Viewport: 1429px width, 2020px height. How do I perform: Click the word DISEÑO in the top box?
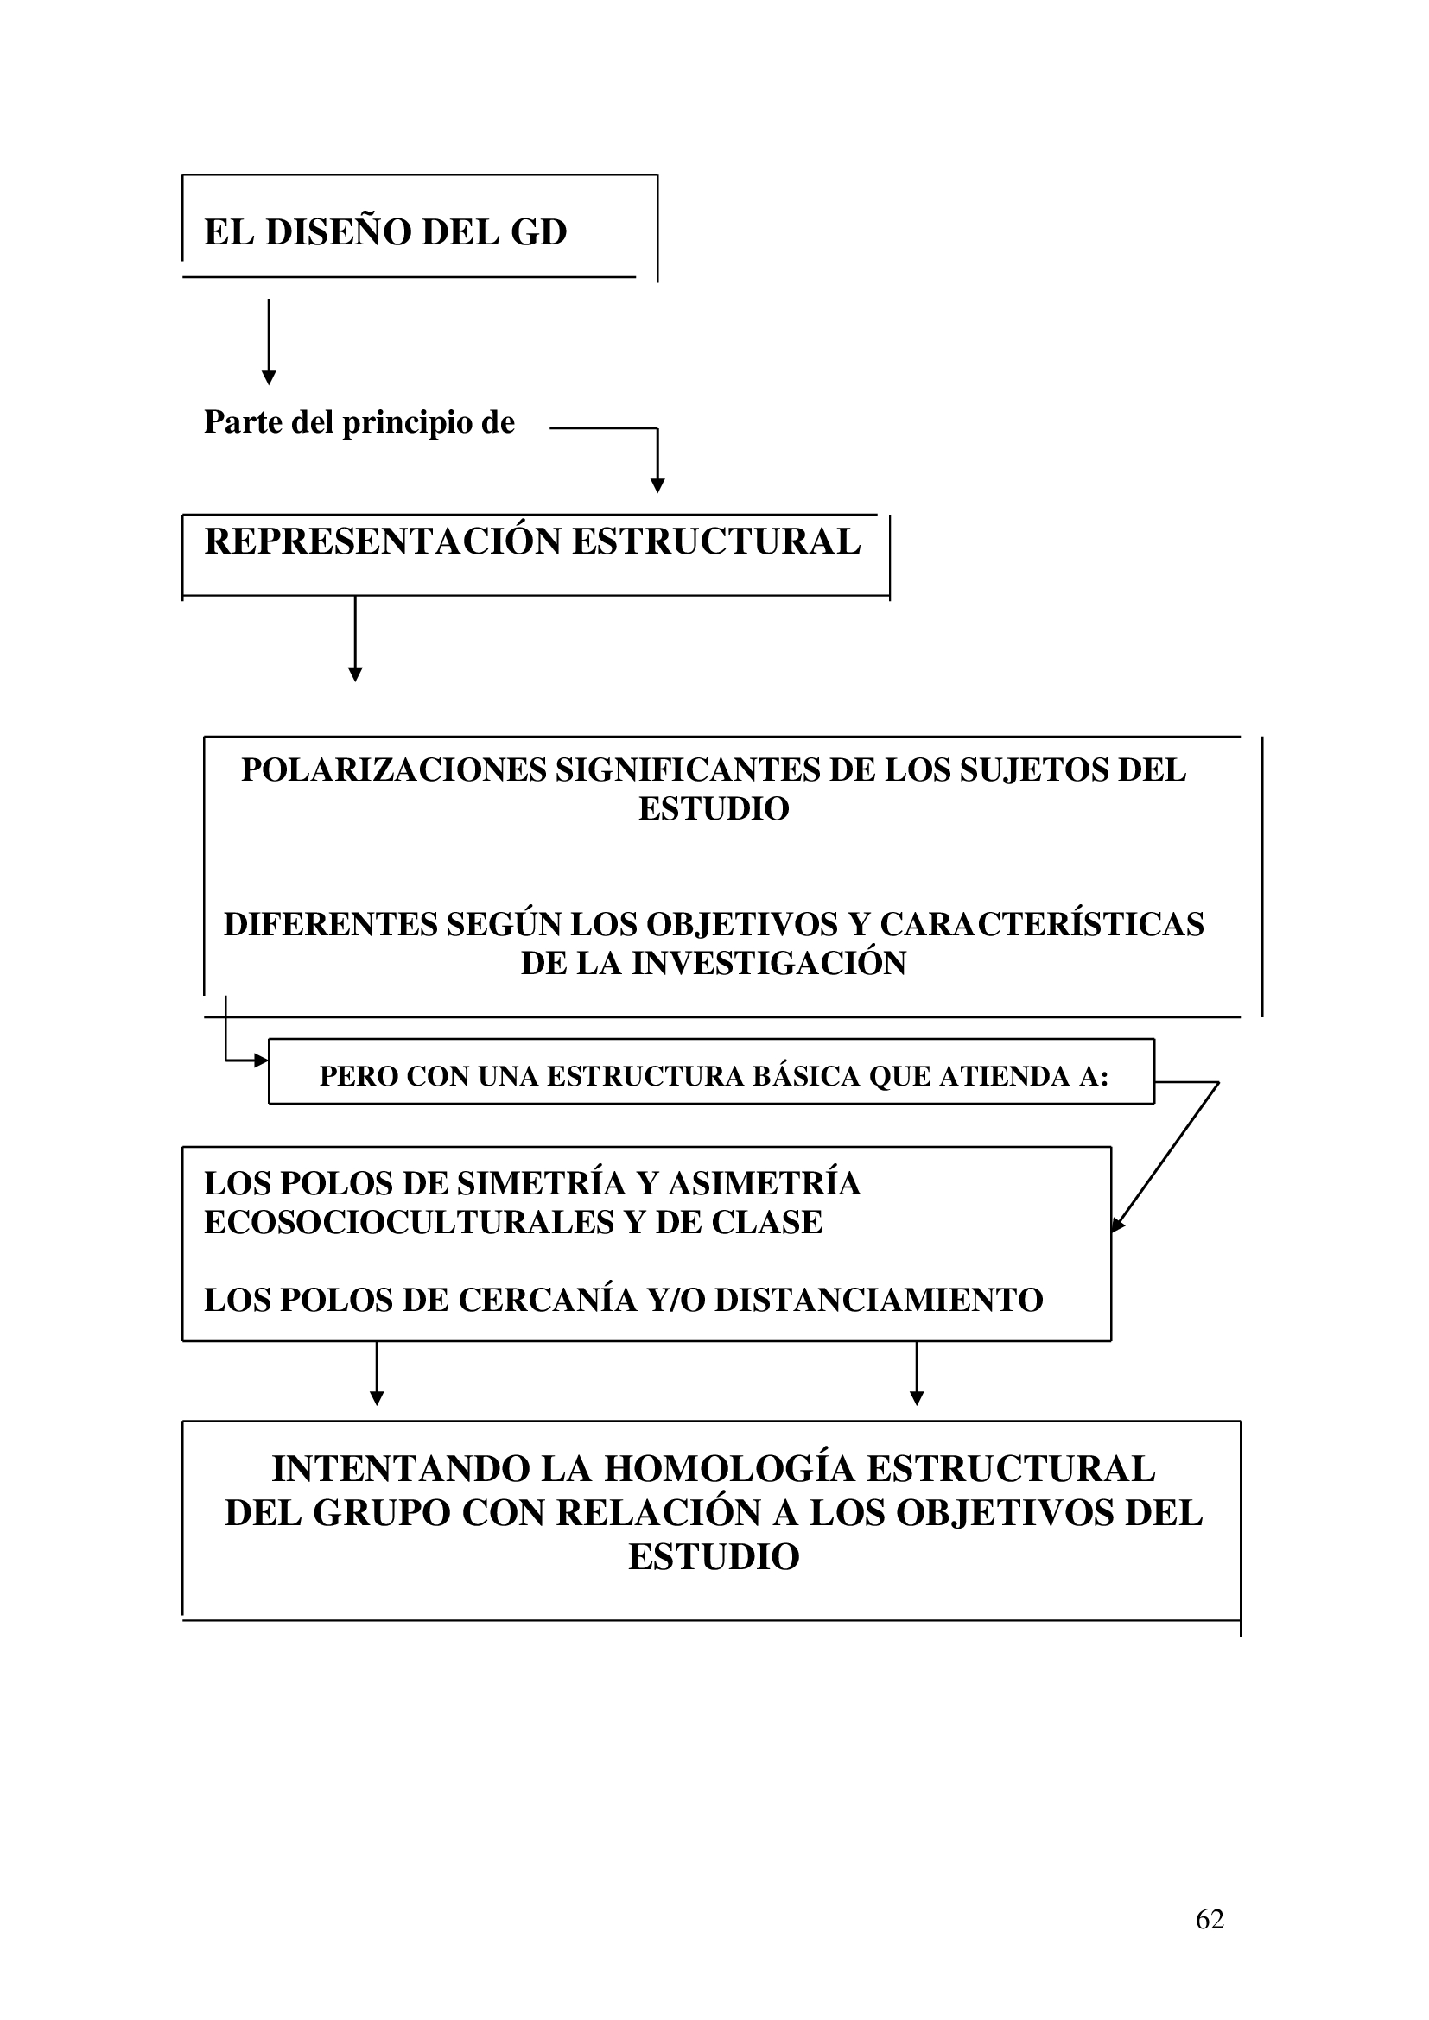(338, 232)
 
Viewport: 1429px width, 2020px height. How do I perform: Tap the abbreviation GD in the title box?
(538, 232)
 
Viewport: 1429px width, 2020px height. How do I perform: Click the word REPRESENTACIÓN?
(383, 541)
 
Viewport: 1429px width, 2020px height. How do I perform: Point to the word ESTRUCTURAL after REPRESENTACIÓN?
(716, 541)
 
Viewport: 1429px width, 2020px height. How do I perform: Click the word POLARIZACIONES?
(393, 769)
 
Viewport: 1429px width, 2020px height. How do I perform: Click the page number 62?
(1209, 1919)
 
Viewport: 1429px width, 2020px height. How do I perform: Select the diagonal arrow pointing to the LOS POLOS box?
(1165, 1157)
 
